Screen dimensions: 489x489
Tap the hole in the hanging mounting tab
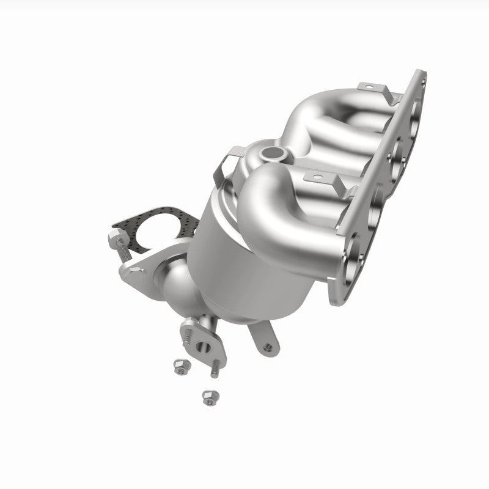267,347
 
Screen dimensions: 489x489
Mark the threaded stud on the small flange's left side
188,336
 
